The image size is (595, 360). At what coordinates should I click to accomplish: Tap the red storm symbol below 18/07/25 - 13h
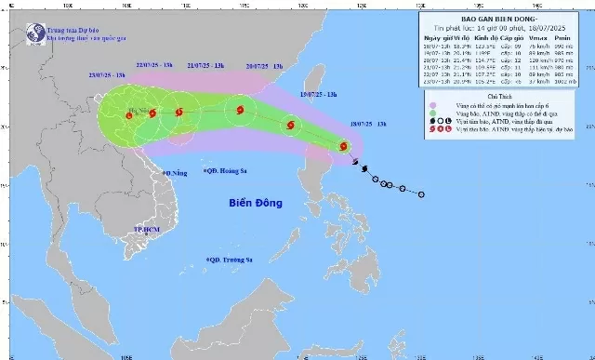(344, 146)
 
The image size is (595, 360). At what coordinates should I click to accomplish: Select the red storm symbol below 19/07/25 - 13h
(292, 125)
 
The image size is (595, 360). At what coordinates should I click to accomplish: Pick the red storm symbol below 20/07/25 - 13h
(240, 111)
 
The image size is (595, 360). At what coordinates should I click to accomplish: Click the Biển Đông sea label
(260, 203)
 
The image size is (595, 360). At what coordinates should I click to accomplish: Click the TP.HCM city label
(147, 230)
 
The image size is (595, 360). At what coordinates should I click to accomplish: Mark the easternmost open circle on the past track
(421, 194)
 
